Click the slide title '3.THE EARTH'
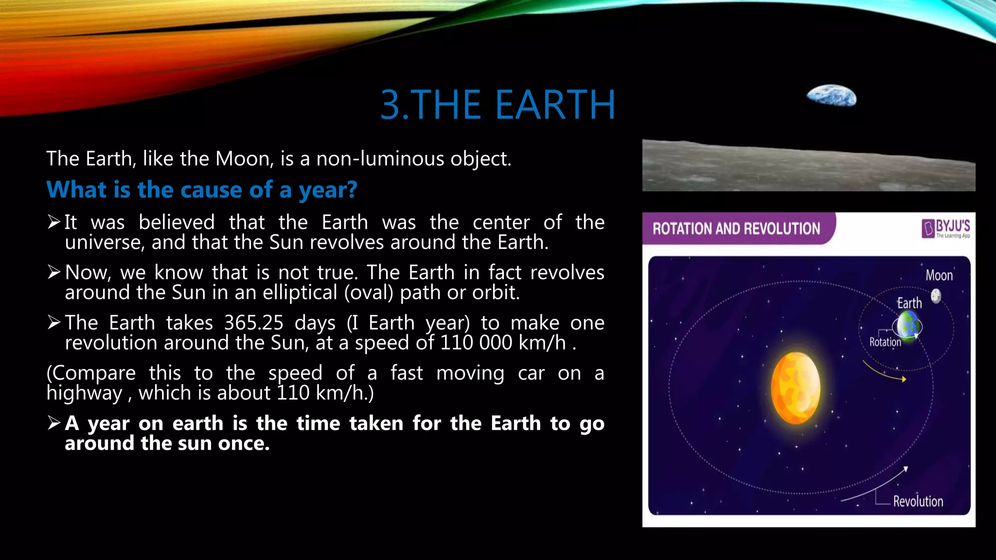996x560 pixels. pyautogui.click(x=498, y=105)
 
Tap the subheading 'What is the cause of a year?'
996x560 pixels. pyautogui.click(x=202, y=190)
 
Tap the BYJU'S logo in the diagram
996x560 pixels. pyautogui.click(x=945, y=228)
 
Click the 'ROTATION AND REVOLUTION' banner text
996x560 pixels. pyautogui.click(x=736, y=228)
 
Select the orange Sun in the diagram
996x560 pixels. pyautogui.click(x=795, y=387)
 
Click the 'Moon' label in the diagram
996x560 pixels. pyautogui.click(x=939, y=276)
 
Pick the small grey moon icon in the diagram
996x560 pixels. pyautogui.click(x=936, y=296)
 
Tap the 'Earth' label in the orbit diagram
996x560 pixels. pyautogui.click(x=909, y=303)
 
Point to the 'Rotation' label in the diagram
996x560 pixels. pyautogui.click(x=885, y=342)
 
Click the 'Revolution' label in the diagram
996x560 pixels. pyautogui.click(x=918, y=502)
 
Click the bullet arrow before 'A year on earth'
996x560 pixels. pyautogui.click(x=54, y=423)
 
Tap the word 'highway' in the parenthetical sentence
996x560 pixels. pyautogui.click(x=84, y=393)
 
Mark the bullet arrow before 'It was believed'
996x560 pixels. pyautogui.click(x=54, y=222)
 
